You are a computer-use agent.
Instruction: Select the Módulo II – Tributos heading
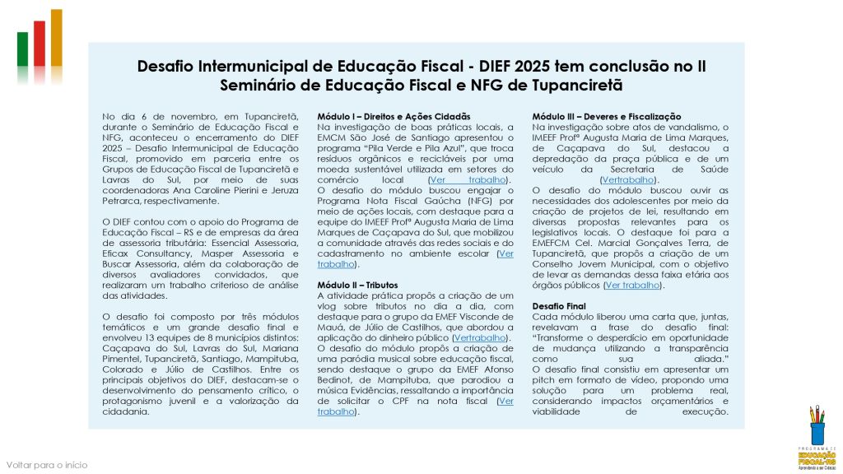pos(357,285)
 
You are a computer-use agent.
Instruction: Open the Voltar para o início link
pos(47,465)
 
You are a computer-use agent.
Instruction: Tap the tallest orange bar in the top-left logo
pos(56,37)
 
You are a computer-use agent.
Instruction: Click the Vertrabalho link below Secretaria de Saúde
pos(629,179)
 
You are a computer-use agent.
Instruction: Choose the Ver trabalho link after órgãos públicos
pos(632,286)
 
